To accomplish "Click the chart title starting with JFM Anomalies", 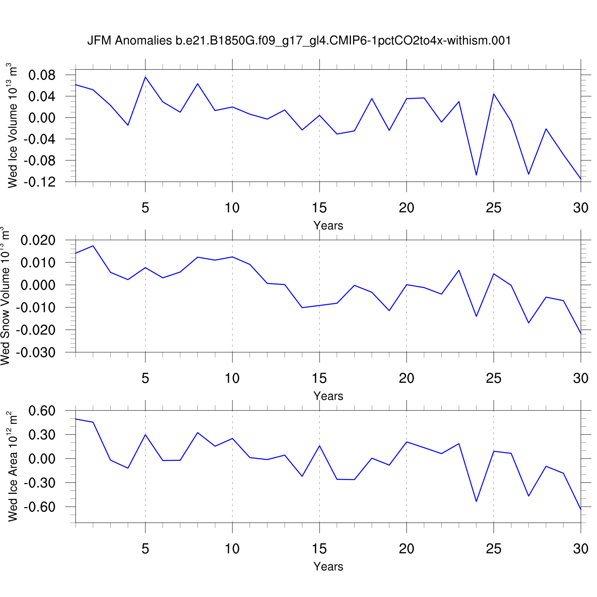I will (299, 41).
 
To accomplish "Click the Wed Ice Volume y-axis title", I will (12, 125).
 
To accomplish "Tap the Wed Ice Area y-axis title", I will (12, 466).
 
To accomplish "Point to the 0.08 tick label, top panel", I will (42, 75).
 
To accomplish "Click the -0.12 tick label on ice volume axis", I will (39, 182).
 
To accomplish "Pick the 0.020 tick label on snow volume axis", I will (38, 240).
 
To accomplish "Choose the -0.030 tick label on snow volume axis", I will (36, 352).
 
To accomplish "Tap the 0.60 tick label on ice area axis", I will (42, 411).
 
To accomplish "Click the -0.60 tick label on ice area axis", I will (39, 507).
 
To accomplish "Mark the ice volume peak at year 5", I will (145, 77).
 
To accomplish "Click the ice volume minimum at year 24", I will (476, 175).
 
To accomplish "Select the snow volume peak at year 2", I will (93, 246).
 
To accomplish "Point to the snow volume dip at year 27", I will (529, 323).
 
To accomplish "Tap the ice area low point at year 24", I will (476, 501).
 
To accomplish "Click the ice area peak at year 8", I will (198, 433).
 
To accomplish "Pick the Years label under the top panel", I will (328, 226).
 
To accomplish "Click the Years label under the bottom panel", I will (328, 566).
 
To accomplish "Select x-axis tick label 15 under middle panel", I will (319, 378).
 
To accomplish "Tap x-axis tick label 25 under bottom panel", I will (494, 549).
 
